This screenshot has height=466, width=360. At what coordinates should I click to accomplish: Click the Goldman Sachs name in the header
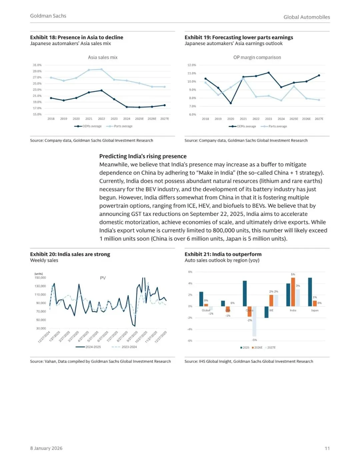[48, 16]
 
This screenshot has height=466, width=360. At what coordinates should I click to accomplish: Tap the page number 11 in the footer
[327, 448]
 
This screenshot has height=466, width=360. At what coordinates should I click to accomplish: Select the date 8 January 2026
[46, 448]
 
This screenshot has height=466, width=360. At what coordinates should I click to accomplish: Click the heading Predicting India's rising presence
[143, 156]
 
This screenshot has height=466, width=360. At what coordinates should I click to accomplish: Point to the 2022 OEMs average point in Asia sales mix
[101, 90]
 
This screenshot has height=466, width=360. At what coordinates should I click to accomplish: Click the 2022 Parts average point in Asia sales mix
[101, 69]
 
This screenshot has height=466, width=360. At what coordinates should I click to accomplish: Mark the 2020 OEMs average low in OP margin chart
[231, 103]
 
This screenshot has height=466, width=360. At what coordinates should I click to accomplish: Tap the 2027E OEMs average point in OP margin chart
[319, 75]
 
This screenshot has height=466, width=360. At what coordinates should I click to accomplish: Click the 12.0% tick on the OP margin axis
[192, 65]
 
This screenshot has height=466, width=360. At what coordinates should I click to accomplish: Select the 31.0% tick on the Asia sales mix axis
[37, 65]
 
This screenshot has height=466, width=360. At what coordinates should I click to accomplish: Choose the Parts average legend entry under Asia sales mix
[120, 126]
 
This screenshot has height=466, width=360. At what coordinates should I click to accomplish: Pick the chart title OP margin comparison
[257, 57]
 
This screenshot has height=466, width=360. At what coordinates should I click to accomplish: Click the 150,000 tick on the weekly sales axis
[40, 278]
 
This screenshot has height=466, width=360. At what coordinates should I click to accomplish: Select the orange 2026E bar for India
[293, 292]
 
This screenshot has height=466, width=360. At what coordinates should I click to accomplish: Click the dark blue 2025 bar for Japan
[310, 292]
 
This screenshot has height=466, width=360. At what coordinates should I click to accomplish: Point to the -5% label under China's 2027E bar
[254, 340]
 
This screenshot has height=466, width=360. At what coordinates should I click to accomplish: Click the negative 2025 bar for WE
[266, 312]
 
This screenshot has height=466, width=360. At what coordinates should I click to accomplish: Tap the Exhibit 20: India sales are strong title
[70, 254]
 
